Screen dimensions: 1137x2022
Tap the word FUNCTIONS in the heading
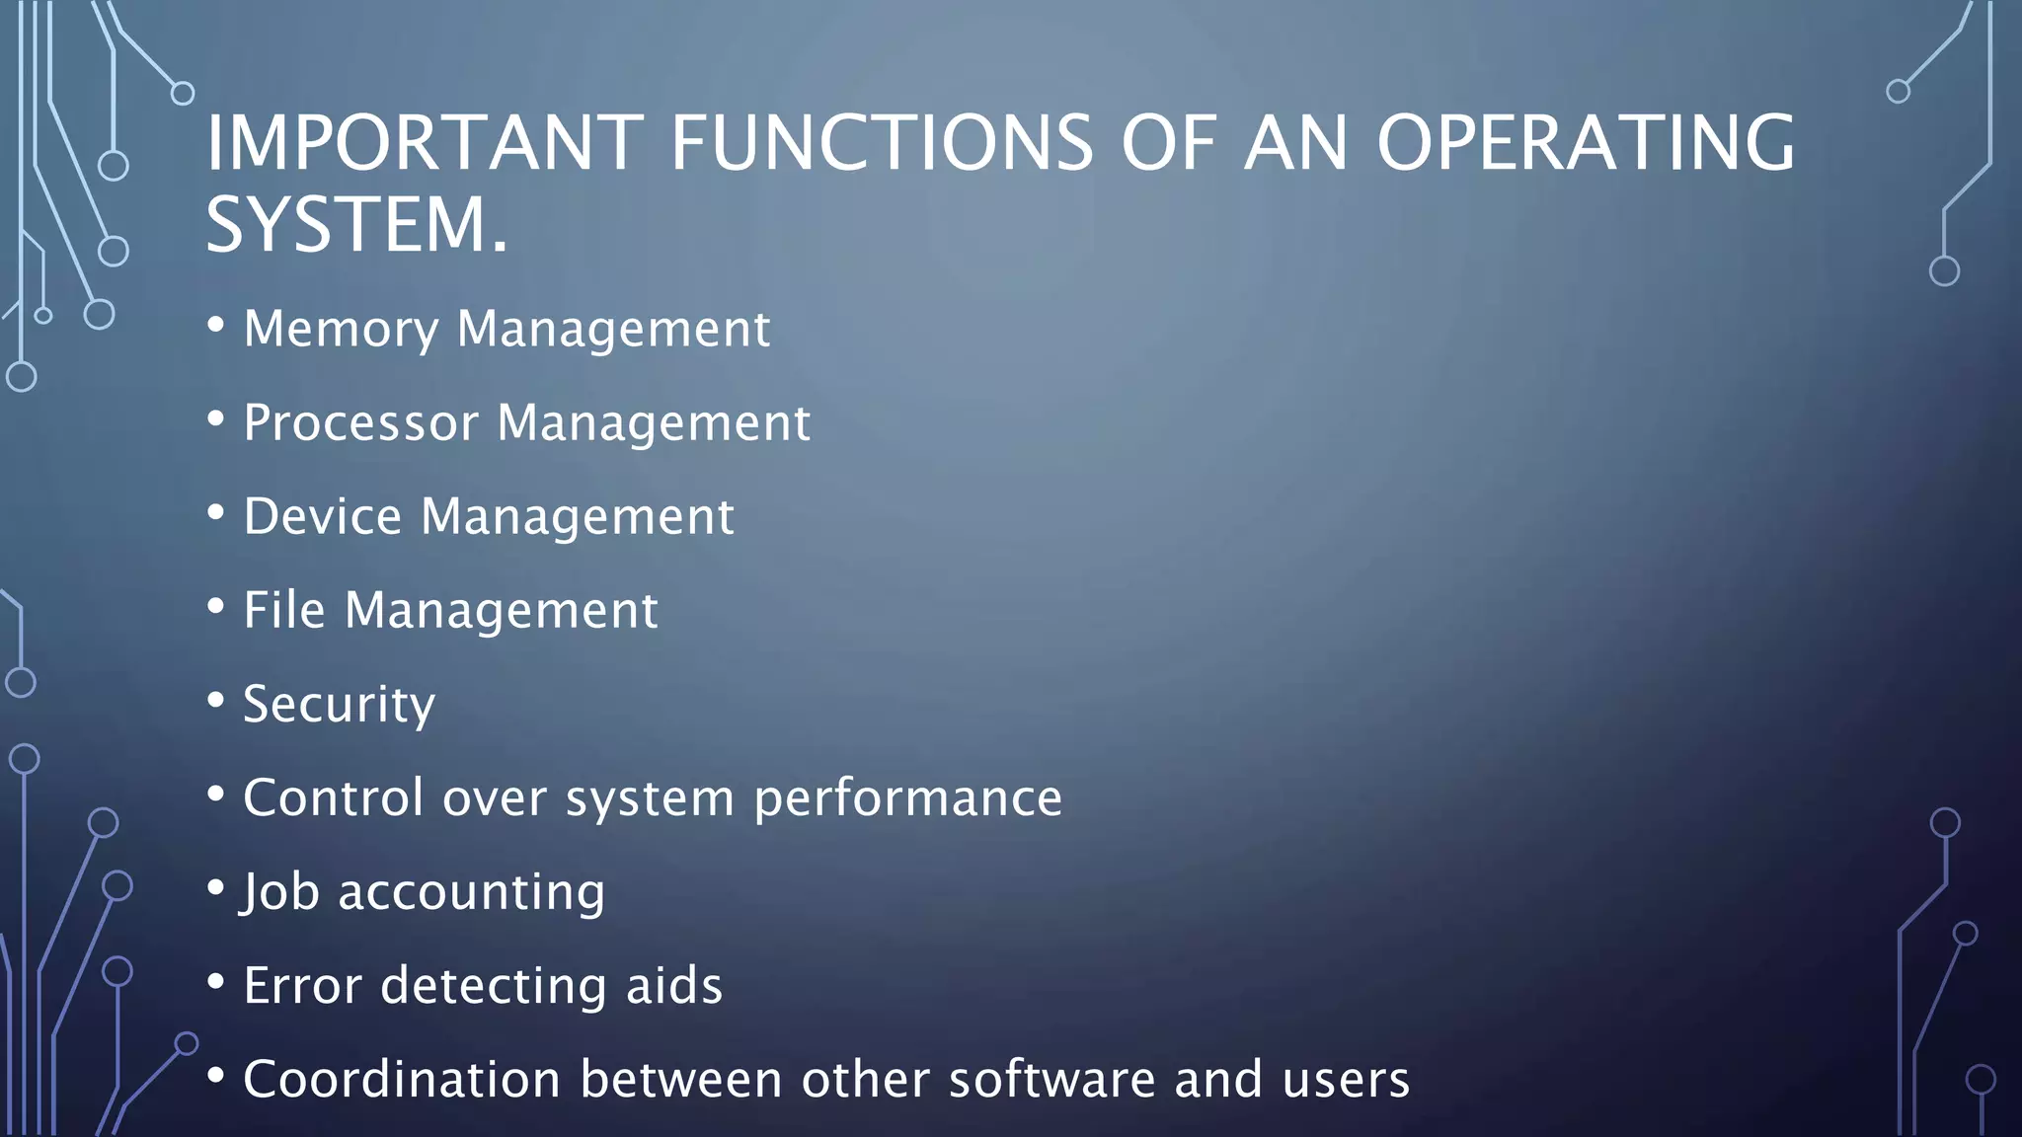tap(882, 143)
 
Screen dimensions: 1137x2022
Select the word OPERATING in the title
tap(1586, 143)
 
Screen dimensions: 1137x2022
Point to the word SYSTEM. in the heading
tap(356, 225)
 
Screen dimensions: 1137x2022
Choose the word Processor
tap(360, 422)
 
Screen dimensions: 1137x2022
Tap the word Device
tap(323, 516)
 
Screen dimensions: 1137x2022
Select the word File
tap(284, 610)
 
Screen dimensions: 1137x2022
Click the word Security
tap(339, 705)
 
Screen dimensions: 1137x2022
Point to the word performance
tap(907, 798)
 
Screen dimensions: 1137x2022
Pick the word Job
tap(280, 892)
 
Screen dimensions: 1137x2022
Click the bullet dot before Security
tap(216, 701)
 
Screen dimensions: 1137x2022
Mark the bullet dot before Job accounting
tap(216, 888)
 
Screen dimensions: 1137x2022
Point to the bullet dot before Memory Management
tap(216, 326)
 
